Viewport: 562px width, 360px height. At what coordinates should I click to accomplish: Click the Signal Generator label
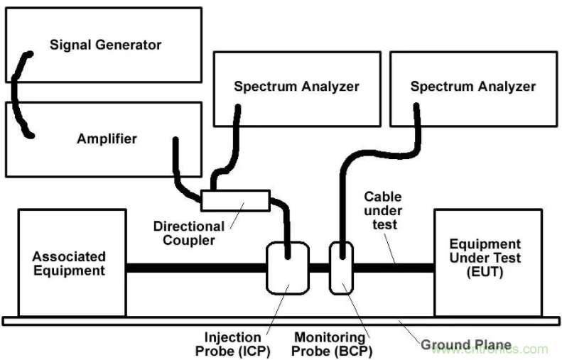pos(105,45)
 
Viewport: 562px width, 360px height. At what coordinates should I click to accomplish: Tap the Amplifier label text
pos(107,138)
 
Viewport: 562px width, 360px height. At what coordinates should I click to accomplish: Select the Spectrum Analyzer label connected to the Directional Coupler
pos(296,87)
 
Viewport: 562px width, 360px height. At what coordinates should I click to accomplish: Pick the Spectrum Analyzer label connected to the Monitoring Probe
pos(472,87)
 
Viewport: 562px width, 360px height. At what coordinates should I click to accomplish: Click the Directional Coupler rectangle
pos(235,201)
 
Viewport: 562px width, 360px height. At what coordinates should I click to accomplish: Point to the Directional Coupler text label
pos(188,234)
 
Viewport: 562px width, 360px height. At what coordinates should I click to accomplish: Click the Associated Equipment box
pos(72,263)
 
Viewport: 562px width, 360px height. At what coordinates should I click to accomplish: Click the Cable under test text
pos(383,211)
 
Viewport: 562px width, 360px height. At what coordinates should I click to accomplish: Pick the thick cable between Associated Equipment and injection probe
pos(195,269)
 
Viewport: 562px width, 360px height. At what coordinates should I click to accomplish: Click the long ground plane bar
pos(142,321)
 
